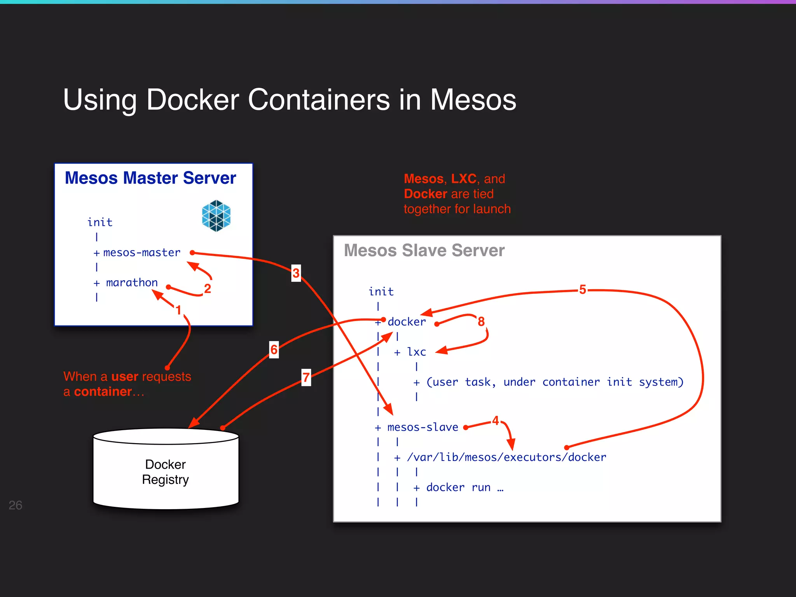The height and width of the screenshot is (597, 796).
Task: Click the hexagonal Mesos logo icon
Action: pos(216,216)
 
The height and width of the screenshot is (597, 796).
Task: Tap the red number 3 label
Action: pos(296,273)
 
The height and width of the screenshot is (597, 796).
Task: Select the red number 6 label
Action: pos(274,349)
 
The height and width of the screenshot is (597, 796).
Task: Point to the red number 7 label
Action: pos(306,377)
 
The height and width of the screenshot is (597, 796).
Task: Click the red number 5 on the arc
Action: pos(582,290)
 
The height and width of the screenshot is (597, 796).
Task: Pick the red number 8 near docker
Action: pos(481,321)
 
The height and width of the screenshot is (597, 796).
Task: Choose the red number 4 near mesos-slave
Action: pos(496,421)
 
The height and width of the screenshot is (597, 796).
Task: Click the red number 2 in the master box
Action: pos(208,288)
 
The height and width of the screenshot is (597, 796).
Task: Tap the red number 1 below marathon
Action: pos(178,310)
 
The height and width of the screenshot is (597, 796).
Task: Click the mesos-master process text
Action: pos(142,253)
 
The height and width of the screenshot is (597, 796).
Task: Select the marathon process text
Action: pos(132,283)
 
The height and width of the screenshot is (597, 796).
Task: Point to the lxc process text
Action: pos(416,352)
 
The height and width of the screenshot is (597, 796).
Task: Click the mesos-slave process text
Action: pos(422,427)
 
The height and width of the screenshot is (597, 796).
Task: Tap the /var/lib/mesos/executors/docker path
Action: pos(506,457)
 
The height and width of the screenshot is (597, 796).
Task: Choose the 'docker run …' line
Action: pos(464,487)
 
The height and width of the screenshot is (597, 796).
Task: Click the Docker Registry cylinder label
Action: pos(166,472)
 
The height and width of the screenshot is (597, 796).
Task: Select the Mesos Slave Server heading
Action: pos(424,250)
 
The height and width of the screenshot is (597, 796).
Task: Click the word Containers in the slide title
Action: pos(319,99)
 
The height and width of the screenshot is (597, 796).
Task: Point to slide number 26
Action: pos(15,505)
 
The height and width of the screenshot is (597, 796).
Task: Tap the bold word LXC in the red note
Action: pos(463,179)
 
